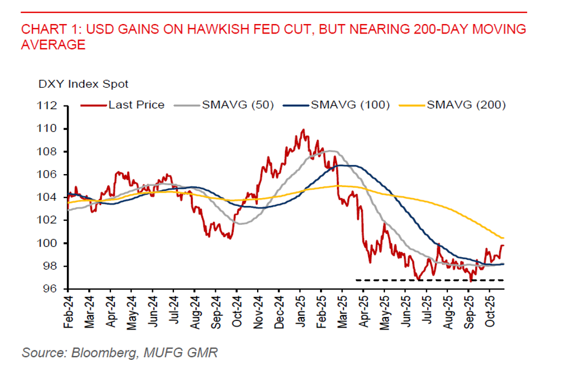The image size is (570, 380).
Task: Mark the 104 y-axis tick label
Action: (51, 198)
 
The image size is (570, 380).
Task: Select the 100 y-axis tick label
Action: (51, 243)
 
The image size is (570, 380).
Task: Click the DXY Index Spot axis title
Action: (83, 84)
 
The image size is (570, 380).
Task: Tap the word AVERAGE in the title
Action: (54, 45)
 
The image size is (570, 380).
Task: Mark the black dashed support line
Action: (429, 280)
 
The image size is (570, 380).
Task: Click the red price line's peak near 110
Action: (303, 130)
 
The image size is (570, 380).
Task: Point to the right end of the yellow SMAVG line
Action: (503, 238)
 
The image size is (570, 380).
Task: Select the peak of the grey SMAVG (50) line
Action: (330, 151)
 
